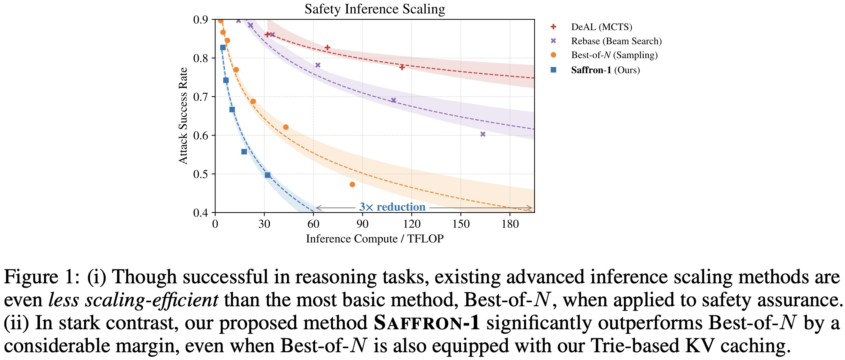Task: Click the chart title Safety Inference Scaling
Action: [x=374, y=9]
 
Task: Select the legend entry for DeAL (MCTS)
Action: [x=601, y=27]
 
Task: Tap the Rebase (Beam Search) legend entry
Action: [x=616, y=41]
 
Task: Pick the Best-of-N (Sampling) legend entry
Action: [x=614, y=55]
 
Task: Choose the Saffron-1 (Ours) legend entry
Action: [x=605, y=70]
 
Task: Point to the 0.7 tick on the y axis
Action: [x=201, y=97]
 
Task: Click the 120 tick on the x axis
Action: [x=412, y=224]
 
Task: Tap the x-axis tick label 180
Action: [x=510, y=224]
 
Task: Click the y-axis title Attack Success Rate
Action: [x=183, y=116]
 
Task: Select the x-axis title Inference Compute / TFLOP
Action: [x=374, y=239]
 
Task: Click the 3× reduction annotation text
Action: [x=392, y=207]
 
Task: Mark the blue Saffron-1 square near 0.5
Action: [x=268, y=175]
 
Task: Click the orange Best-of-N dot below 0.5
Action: [x=352, y=184]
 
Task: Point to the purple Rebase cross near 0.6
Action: [x=483, y=134]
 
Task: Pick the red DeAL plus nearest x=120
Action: [x=402, y=67]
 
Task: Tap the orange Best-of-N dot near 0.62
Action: [x=285, y=127]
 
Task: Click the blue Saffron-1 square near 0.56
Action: [x=244, y=151]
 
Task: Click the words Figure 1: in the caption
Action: [x=41, y=277]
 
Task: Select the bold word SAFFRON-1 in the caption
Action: [x=427, y=323]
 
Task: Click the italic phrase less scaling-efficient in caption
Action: [x=133, y=300]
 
